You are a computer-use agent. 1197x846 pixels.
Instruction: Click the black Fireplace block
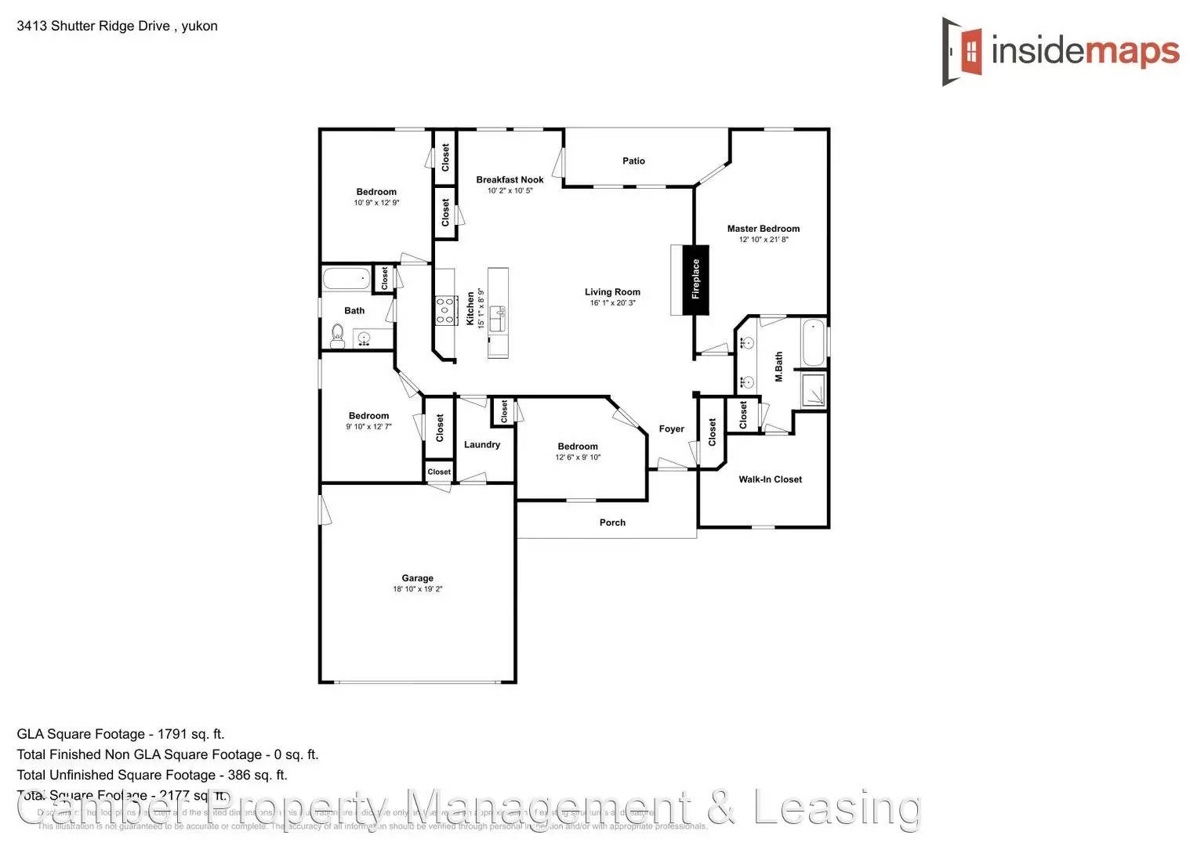click(695, 280)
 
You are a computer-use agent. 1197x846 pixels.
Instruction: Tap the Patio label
click(633, 161)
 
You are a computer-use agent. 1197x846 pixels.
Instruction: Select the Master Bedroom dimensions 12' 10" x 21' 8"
click(764, 240)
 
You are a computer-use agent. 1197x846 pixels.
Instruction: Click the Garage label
click(417, 578)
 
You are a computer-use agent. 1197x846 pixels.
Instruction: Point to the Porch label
click(612, 522)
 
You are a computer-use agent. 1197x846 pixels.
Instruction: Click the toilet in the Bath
click(338, 335)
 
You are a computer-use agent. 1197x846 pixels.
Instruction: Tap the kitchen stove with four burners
click(446, 310)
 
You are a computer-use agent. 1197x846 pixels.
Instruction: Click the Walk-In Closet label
click(770, 479)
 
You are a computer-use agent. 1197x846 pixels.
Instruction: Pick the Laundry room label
click(481, 444)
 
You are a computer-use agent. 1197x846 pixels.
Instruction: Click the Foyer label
click(671, 428)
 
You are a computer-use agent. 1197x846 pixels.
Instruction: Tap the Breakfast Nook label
click(510, 179)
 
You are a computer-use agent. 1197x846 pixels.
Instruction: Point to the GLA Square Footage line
click(121, 734)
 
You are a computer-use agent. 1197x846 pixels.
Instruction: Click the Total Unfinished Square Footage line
click(152, 775)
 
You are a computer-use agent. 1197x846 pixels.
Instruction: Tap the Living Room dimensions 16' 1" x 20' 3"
click(612, 302)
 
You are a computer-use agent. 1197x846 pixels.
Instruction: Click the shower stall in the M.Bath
click(813, 389)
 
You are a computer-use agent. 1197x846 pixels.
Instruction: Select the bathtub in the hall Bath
click(346, 278)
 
